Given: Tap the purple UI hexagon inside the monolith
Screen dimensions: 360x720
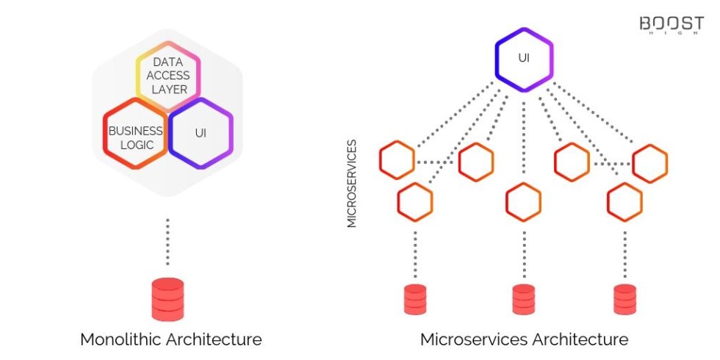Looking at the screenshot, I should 201,133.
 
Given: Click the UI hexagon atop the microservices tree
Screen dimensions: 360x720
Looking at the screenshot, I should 523,59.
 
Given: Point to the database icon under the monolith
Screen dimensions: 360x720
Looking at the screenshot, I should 168,298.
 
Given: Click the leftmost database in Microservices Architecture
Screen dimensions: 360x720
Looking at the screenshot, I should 415,299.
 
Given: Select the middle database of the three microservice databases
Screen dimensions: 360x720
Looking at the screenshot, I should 524,299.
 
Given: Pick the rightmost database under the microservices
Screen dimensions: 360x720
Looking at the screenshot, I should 625,299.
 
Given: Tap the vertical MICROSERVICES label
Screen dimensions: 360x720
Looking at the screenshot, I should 352,183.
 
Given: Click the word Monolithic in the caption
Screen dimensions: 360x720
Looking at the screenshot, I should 120,339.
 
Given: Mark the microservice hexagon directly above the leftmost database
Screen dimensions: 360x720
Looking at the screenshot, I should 415,201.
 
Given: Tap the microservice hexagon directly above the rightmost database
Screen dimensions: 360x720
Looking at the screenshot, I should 625,201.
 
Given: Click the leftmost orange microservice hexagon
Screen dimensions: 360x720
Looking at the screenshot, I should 397,162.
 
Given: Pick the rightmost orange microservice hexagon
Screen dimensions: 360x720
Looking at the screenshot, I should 650,163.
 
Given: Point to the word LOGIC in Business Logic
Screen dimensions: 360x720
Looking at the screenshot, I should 137,145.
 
